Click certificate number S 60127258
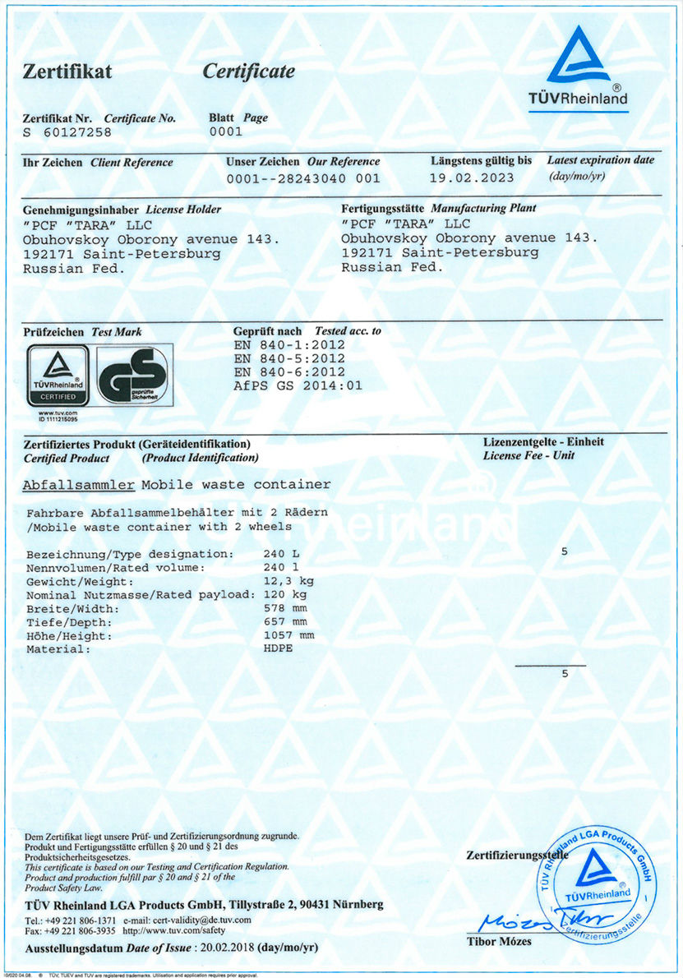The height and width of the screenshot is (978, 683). click(67, 131)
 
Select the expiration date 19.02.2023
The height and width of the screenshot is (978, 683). click(472, 178)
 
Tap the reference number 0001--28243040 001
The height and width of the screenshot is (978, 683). click(302, 178)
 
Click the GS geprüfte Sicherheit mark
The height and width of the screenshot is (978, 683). click(134, 375)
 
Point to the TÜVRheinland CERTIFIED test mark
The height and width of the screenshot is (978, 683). click(60, 375)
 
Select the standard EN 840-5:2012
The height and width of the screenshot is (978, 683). click(288, 358)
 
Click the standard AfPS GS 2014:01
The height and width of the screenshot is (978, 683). click(298, 385)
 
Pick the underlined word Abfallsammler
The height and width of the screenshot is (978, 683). click(78, 484)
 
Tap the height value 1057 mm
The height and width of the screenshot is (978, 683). click(288, 635)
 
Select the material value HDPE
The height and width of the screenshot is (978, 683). click(278, 648)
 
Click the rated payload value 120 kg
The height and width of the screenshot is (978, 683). click(285, 594)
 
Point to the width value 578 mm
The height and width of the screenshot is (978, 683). click(285, 608)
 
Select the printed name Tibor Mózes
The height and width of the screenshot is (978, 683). click(499, 941)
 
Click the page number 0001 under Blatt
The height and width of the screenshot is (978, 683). click(226, 131)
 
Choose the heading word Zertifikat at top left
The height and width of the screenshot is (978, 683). click(67, 72)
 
